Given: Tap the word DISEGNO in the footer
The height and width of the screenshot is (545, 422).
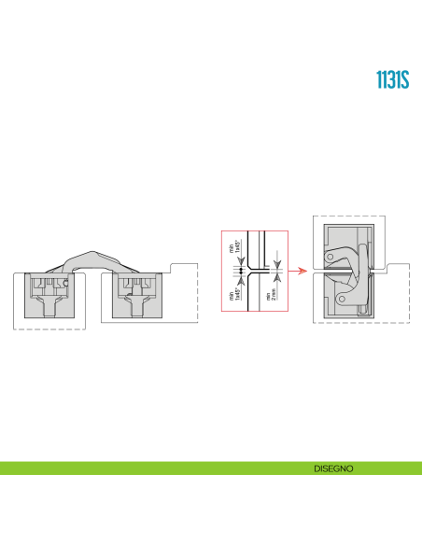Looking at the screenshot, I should click(x=333, y=468).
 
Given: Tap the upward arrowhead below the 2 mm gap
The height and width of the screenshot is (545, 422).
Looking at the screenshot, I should click(x=277, y=276).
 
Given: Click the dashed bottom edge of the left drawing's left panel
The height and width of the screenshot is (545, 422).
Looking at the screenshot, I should click(x=48, y=329).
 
